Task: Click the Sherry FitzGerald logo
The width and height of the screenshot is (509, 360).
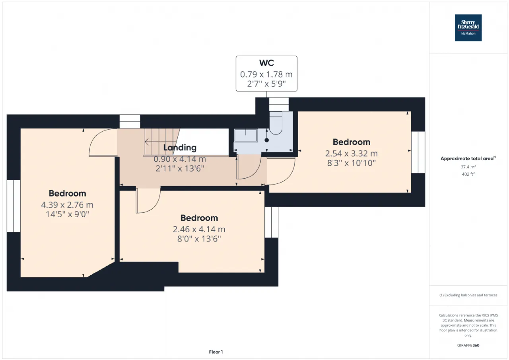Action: coord(468,28)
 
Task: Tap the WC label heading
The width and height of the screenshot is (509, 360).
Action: coord(266,63)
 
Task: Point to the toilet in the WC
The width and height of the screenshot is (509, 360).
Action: coord(276,123)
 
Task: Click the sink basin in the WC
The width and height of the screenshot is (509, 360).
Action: coord(246,136)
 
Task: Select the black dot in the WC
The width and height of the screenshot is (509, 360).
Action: coord(267,140)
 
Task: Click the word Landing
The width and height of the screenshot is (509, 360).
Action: coord(180,148)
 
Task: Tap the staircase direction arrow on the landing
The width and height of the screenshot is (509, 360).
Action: coord(147,142)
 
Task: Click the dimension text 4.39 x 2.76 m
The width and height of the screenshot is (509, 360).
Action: coord(67,205)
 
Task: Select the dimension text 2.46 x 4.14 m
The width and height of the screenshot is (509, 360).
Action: coord(199,229)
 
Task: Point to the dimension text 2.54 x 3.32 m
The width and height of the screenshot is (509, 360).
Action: coord(351,154)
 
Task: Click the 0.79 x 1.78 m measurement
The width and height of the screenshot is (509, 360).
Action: coord(266,74)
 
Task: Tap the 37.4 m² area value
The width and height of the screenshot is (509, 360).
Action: coord(468,167)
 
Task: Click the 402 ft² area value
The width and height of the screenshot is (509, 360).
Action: coord(468,174)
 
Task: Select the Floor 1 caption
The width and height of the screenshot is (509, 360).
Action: coord(216,352)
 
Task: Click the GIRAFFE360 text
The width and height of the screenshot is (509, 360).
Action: coord(468,345)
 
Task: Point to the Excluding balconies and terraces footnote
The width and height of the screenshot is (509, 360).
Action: coord(468,295)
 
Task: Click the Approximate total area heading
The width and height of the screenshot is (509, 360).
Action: coord(468,158)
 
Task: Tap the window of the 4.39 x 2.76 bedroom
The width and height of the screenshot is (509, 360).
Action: coord(14,206)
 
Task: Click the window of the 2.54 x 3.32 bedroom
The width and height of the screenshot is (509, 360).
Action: coord(418,152)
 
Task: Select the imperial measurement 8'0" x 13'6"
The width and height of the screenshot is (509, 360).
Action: coord(199,239)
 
